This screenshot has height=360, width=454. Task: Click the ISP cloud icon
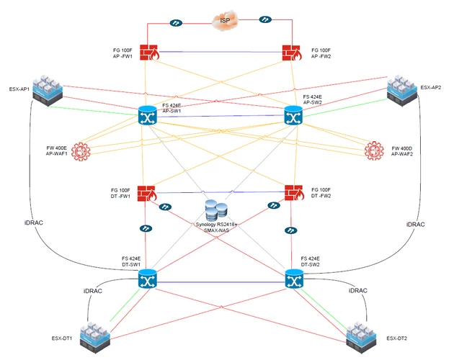225,20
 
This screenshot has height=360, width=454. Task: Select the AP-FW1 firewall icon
149,53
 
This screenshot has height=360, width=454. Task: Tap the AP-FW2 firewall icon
292,53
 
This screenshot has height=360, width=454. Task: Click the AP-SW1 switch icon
148,115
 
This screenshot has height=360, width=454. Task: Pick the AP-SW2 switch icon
293,115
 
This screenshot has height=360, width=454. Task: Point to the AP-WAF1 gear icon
81,152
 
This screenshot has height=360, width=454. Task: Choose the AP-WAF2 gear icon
374,150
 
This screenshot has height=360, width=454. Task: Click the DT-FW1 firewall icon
147,193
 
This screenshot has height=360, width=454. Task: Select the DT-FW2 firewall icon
294,193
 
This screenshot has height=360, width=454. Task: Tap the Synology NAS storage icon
216,210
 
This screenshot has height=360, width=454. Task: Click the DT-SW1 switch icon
148,279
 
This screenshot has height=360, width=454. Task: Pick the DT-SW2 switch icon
295,279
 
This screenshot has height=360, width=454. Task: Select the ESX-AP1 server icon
48,91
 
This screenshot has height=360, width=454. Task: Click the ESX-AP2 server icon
402,90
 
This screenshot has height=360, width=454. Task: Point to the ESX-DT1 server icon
96,338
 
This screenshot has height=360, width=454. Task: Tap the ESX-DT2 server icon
361,338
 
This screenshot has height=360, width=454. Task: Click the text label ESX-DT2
396,338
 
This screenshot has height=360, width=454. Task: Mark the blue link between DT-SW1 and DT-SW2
221,282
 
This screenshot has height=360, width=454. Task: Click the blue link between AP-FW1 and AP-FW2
221,52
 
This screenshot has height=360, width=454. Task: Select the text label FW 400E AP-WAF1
56,150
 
